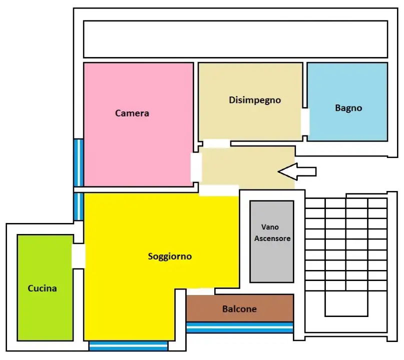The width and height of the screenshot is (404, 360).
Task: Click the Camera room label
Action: pyautogui.click(x=132, y=113)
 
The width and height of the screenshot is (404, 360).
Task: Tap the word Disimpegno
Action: pyautogui.click(x=255, y=100)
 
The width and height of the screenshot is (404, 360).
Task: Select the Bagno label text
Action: pyautogui.click(x=348, y=108)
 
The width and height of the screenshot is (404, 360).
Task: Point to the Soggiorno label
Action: pyautogui.click(x=170, y=256)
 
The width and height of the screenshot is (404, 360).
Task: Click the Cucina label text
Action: pyautogui.click(x=42, y=288)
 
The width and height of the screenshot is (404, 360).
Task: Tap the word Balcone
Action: pyautogui.click(x=239, y=309)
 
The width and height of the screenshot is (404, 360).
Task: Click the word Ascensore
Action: pyautogui.click(x=272, y=238)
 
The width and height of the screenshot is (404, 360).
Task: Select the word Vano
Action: pyautogui.click(x=270, y=227)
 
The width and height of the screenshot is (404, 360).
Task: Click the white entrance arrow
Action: pyautogui.click(x=297, y=171)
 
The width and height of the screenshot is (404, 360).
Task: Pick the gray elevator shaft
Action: pyautogui.click(x=272, y=241)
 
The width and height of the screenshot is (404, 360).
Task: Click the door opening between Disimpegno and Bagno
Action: pyautogui.click(x=305, y=121)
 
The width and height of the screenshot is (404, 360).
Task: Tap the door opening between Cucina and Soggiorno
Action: pyautogui.click(x=78, y=256)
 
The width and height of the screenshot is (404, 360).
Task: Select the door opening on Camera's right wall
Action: pyautogui.click(x=196, y=167)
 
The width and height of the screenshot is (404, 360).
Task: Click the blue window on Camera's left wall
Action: pyautogui.click(x=79, y=162)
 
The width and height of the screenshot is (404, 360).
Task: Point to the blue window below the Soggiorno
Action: pyautogui.click(x=128, y=346)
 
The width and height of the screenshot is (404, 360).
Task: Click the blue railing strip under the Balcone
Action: pyautogui.click(x=240, y=327)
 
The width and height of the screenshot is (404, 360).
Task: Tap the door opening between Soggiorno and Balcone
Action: pyautogui.click(x=200, y=291)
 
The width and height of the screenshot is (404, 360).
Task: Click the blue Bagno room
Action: pyautogui.click(x=347, y=102)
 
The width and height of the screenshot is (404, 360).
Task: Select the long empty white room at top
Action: pyautogui.click(x=235, y=39)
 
